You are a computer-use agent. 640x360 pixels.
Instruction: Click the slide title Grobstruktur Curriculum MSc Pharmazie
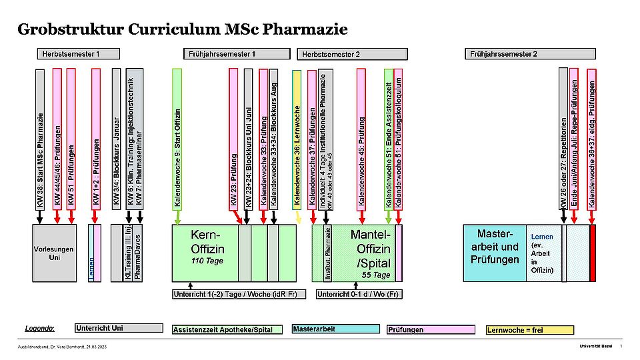(x=183, y=29)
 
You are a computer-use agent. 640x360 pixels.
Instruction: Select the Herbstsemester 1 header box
(x=79, y=54)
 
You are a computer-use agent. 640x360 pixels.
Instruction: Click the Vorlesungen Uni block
(x=54, y=253)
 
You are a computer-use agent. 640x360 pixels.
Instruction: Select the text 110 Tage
(x=207, y=261)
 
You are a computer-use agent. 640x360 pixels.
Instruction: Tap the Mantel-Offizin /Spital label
(x=371, y=247)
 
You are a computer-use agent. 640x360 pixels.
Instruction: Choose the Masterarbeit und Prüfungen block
(x=494, y=247)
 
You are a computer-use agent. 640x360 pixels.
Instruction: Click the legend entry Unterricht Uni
(x=119, y=328)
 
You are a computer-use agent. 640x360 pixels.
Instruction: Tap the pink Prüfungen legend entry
(x=431, y=329)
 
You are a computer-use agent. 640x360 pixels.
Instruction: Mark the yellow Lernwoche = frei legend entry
(x=530, y=329)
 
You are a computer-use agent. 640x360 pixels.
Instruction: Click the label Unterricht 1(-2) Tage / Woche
(x=236, y=294)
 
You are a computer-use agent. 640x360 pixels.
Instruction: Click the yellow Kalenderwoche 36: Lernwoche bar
(x=297, y=140)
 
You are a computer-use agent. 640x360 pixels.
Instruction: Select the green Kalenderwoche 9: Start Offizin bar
(x=177, y=140)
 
